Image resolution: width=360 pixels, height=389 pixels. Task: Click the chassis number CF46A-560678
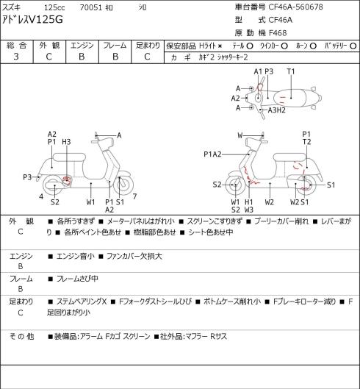(x=295, y=7)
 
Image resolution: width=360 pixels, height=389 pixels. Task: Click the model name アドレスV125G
(x=32, y=19)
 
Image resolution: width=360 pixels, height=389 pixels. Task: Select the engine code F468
(x=278, y=33)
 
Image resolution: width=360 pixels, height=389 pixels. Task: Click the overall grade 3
(x=16, y=57)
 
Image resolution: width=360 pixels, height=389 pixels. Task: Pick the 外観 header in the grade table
(x=49, y=45)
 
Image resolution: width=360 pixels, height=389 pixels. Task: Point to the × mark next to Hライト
(x=220, y=46)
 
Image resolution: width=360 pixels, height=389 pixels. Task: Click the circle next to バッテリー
(x=353, y=46)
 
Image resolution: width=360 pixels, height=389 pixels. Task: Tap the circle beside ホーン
(x=313, y=46)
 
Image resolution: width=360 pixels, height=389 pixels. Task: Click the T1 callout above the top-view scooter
(x=291, y=71)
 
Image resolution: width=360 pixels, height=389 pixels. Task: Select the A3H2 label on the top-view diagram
(x=277, y=110)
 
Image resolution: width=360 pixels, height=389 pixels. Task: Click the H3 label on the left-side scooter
(x=66, y=142)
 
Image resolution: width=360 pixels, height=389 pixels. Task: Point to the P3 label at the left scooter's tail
(x=27, y=177)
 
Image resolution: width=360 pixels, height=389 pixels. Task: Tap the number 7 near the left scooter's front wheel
(x=134, y=196)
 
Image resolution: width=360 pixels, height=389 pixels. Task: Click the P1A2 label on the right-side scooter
(x=212, y=154)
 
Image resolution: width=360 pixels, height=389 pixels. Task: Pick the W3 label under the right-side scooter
(x=248, y=210)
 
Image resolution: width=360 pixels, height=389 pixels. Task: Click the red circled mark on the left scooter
(x=67, y=180)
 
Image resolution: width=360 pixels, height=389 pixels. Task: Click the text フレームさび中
(x=77, y=279)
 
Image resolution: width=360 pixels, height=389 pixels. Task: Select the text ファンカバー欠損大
(x=134, y=256)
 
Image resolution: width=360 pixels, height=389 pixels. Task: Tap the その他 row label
(x=21, y=336)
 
